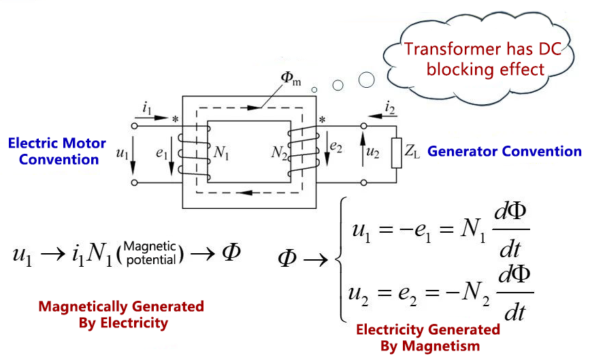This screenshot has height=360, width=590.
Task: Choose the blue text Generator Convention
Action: (504, 151)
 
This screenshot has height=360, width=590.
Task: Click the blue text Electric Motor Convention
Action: (57, 151)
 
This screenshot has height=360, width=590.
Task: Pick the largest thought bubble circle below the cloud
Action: (366, 80)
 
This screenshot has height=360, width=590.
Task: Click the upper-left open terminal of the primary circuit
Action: (134, 126)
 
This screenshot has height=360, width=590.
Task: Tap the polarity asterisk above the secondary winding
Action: (322, 121)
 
